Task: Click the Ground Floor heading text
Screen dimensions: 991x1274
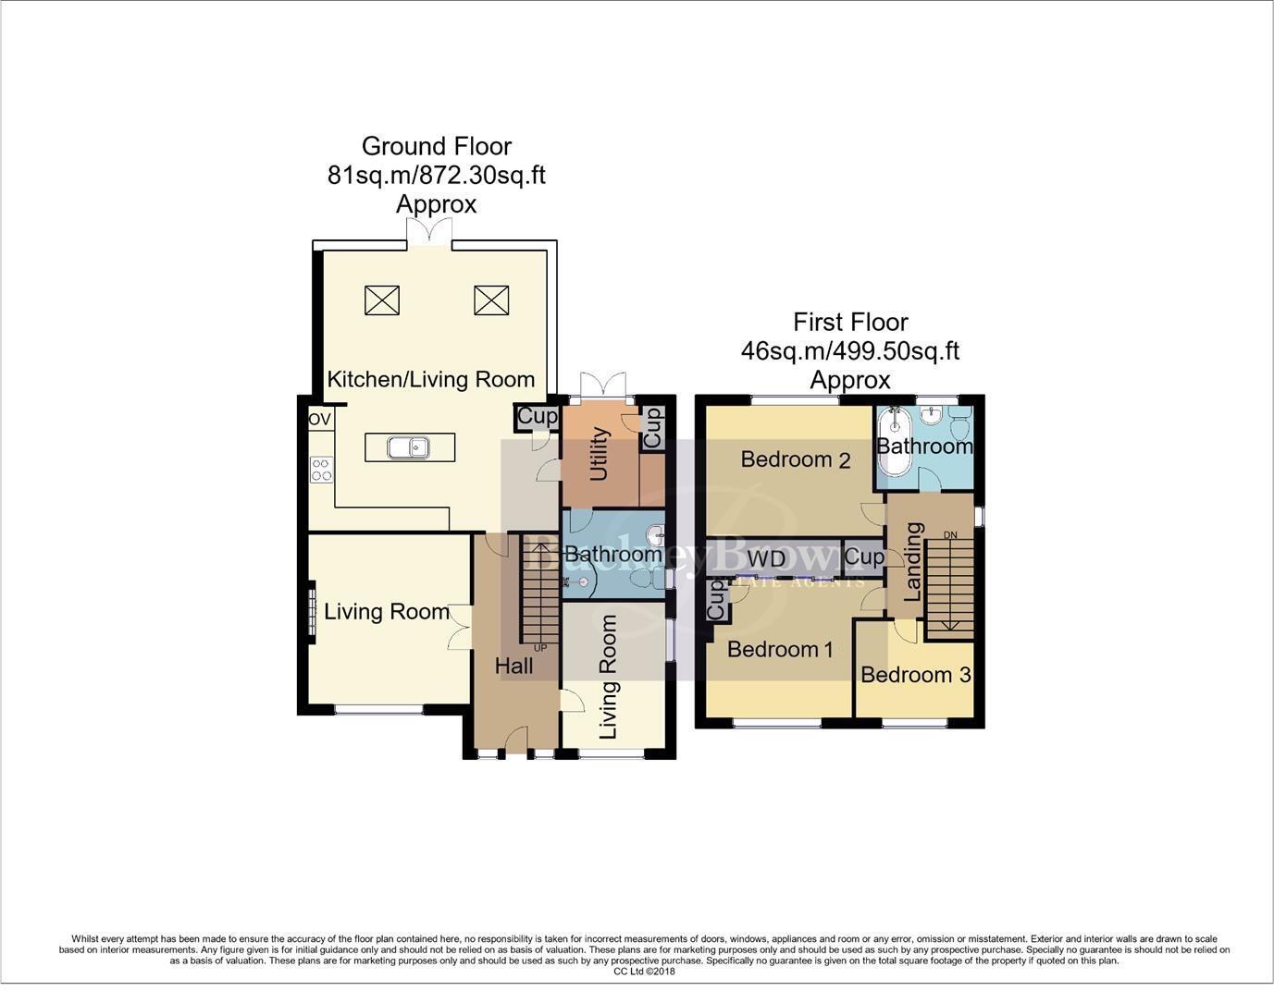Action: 436,146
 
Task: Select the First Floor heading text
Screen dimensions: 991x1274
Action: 850,322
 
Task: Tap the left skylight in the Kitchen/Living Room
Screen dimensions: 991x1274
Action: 381,300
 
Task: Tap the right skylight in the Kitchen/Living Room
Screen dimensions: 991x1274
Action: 491,300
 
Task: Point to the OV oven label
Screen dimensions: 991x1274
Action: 319,419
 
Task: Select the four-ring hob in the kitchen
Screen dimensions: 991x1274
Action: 321,470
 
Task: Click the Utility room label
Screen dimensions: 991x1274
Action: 599,454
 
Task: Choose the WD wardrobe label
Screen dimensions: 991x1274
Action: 766,558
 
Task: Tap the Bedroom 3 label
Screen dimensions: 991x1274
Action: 915,675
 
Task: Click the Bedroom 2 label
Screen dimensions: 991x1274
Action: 795,459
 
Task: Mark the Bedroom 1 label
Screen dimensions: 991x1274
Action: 780,649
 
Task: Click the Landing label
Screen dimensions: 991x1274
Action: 913,562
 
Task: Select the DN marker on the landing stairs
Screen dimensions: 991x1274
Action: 950,535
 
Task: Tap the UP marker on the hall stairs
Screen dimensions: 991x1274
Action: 540,648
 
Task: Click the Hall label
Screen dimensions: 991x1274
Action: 513,666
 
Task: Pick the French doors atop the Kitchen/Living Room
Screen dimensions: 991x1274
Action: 429,231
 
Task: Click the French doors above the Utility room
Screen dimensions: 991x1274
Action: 602,385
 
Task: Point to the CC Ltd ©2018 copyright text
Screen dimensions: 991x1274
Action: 644,972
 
